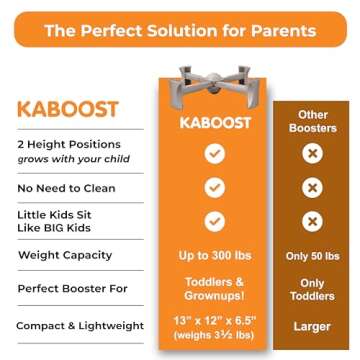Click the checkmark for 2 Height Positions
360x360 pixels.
[x=212, y=154]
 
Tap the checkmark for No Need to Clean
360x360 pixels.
[x=212, y=187]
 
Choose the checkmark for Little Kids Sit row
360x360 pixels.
[x=212, y=220]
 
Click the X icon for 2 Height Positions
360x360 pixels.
[x=312, y=154]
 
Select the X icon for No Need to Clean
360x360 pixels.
[x=312, y=187]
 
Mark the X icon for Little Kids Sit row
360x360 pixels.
[x=312, y=220]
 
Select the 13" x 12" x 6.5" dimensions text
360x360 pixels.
[x=212, y=318]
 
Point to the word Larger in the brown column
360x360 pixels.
[x=312, y=325]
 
